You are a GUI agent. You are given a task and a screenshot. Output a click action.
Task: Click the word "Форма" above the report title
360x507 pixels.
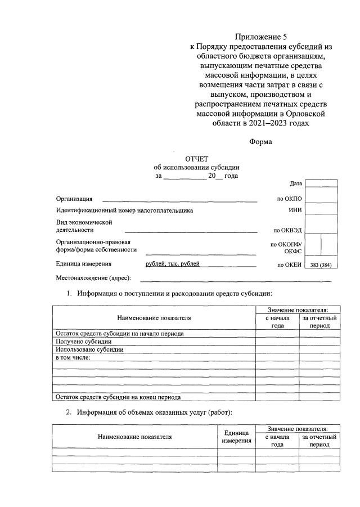pos(260,142)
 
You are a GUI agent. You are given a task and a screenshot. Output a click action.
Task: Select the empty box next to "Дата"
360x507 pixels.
pos(321,184)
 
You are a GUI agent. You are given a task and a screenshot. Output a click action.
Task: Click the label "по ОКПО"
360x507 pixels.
pos(290,199)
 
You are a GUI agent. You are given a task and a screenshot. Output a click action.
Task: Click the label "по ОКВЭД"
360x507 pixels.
pos(287,230)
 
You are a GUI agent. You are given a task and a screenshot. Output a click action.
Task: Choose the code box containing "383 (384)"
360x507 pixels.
pos(321,265)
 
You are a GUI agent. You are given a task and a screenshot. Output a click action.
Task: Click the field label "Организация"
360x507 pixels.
pos(74,199)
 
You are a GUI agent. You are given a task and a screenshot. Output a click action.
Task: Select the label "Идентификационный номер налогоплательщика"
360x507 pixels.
pos(124,210)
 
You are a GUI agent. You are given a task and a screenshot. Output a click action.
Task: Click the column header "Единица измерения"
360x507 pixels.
pos(237,437)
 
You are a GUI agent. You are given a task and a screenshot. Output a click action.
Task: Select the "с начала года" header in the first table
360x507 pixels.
pos(277,322)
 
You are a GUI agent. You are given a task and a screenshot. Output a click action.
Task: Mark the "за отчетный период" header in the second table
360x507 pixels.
pos(319,441)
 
